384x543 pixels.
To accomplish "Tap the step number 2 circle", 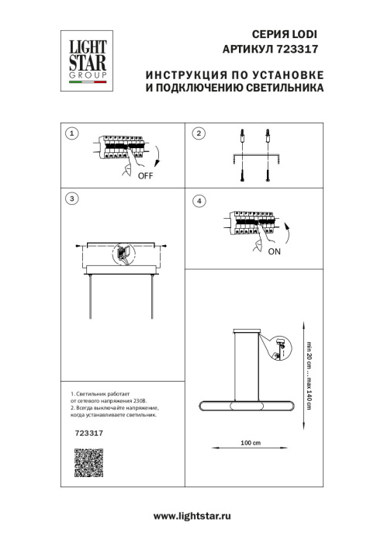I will coord(199,134).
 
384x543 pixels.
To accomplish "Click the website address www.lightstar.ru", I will coord(192,516).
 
